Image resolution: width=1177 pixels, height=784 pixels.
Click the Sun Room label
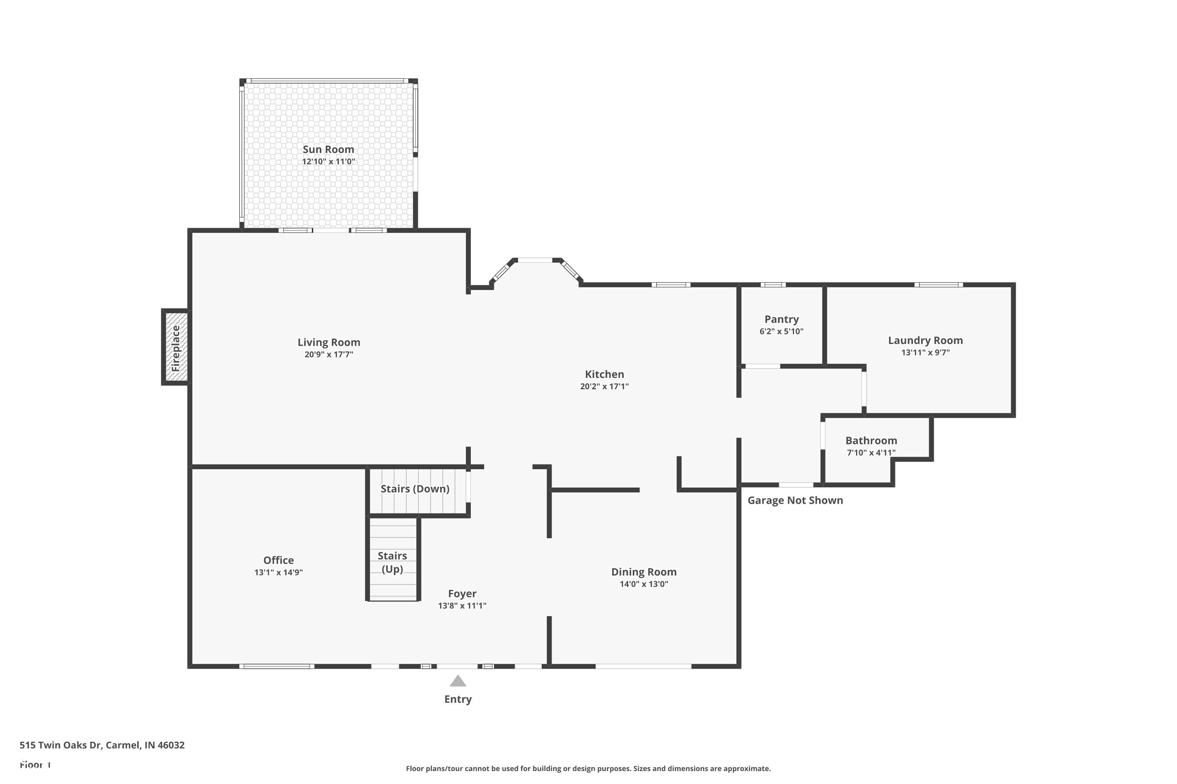pos(328,149)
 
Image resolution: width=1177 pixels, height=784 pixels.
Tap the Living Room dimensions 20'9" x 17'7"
pos(329,354)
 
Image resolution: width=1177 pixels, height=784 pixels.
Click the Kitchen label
pos(605,374)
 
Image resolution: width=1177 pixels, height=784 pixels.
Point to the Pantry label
pos(781,319)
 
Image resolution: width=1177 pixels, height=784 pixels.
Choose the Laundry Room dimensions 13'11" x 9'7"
pos(925,352)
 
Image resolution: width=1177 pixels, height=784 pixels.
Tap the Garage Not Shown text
pos(795,501)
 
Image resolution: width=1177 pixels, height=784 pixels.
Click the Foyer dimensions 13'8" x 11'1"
pos(462,606)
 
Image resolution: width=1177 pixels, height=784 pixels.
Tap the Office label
pos(278,561)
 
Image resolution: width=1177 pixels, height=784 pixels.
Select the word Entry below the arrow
pos(458,699)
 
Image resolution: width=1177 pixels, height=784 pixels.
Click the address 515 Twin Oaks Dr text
pos(102,745)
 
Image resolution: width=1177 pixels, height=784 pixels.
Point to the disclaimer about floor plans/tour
pos(588,768)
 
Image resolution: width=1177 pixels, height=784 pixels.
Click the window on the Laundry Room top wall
pos(938,285)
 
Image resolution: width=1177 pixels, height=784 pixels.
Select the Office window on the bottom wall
pos(276,666)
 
